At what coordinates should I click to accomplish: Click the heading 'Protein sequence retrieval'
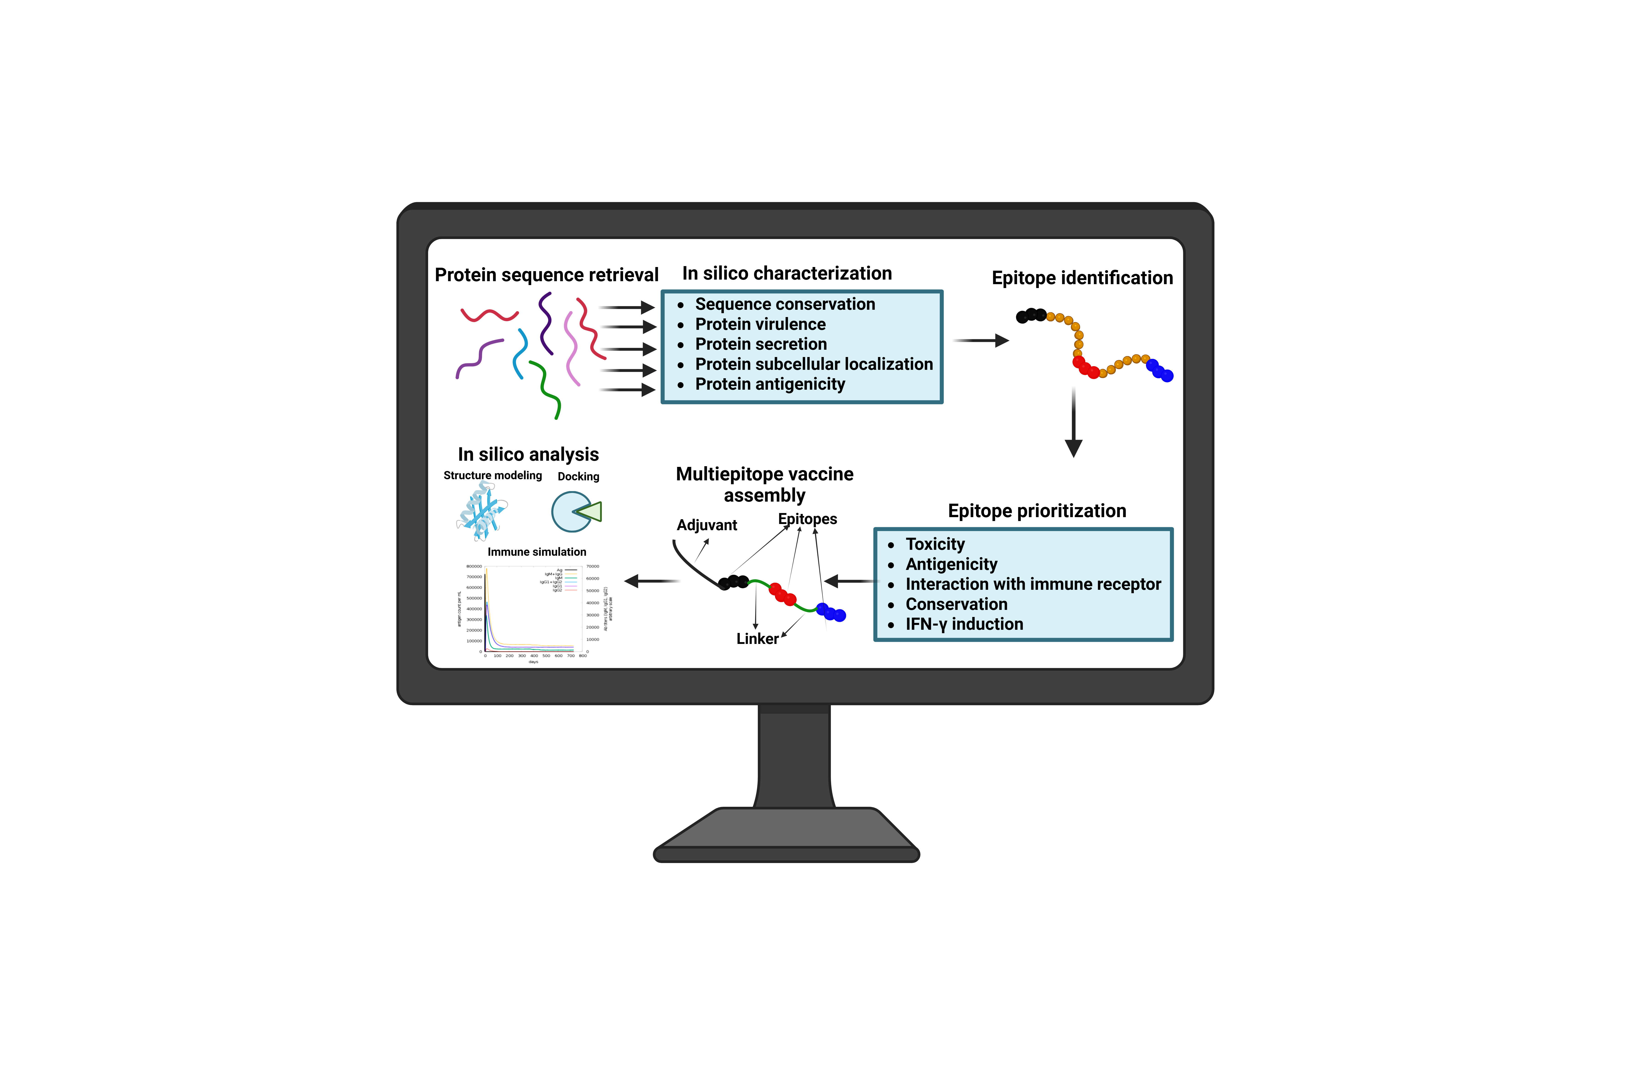pos(546,275)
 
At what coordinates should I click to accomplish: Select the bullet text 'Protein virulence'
pos(760,324)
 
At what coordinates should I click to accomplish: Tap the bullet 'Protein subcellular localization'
pos(814,364)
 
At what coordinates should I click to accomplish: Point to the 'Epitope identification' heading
pos(1082,278)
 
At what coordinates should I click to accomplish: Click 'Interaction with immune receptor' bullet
pos(1033,585)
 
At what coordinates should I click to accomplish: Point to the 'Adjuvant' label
pos(707,525)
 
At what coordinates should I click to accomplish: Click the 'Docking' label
pos(578,477)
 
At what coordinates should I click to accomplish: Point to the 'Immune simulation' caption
pos(537,552)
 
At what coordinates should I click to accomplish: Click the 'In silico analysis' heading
pos(528,455)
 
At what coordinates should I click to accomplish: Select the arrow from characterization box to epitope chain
pos(981,341)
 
